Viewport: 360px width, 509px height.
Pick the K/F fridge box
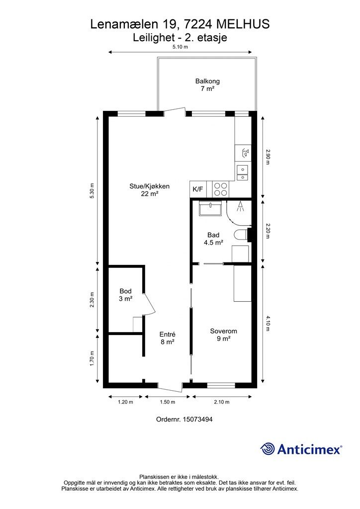coord(198,189)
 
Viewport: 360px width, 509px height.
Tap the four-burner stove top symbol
coord(221,189)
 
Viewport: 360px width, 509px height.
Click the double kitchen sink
coord(242,172)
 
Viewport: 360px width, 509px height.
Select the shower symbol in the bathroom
coord(240,207)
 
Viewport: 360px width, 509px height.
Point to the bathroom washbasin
coord(210,208)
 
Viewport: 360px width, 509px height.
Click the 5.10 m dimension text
coord(180,47)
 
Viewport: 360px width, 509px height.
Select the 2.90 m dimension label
coord(268,157)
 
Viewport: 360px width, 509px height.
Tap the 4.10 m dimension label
coord(268,324)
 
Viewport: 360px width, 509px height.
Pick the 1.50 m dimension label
coord(168,402)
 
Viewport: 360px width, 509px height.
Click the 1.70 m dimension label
coord(92,359)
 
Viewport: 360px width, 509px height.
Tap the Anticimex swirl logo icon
coord(268,449)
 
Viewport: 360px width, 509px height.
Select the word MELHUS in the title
coord(243,24)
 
